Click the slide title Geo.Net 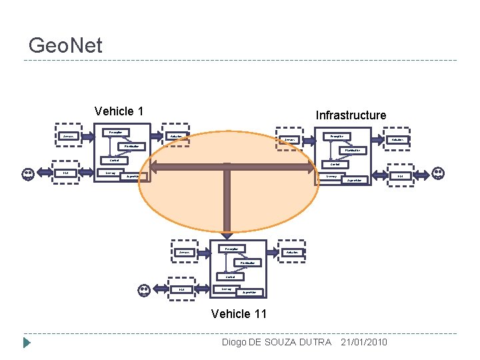point(65,45)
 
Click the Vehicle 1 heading point(119,111)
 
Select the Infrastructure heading point(351,115)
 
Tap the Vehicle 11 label point(238,313)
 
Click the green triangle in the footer point(27,343)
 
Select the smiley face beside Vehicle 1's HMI point(28,174)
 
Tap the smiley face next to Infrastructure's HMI point(439,173)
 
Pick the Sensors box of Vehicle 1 point(67,136)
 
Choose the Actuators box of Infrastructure point(399,139)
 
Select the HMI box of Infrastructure point(401,176)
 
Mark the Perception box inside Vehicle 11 point(232,249)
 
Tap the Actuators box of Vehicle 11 point(291,252)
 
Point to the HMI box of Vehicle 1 point(66,174)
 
